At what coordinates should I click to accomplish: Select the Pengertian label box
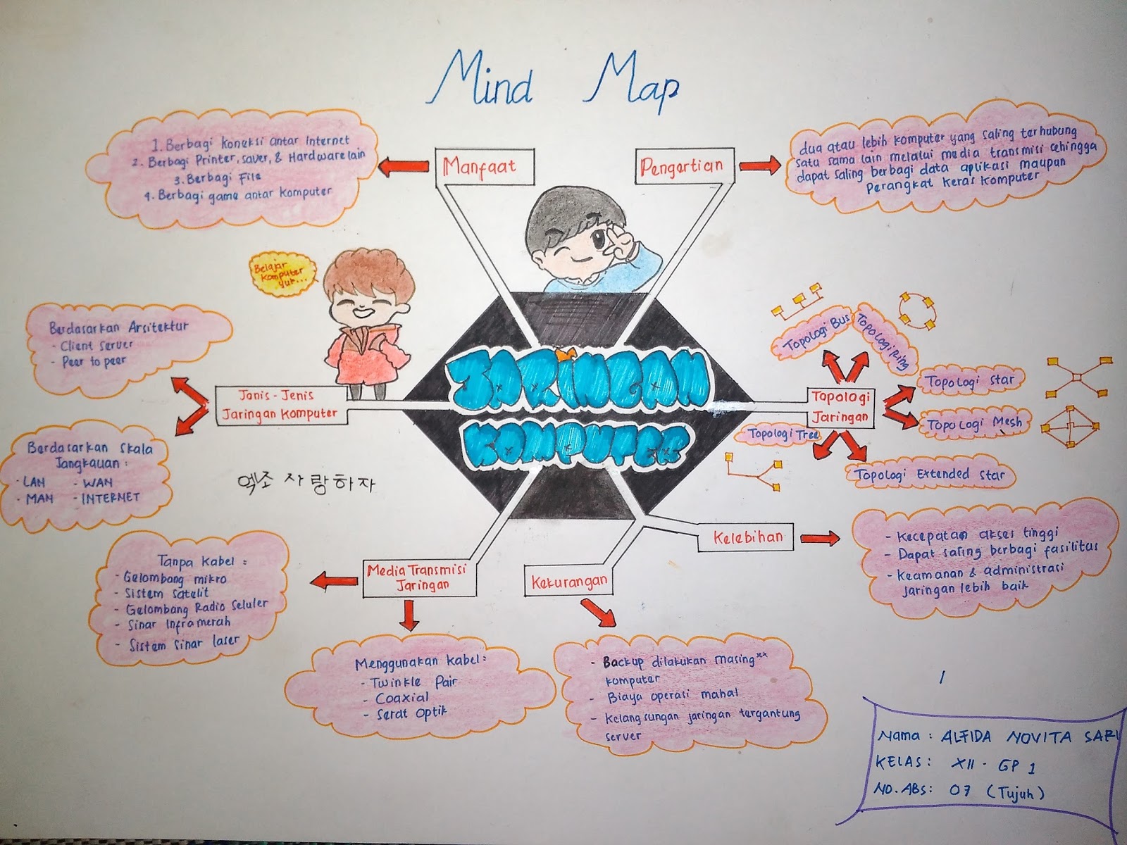[x=681, y=167]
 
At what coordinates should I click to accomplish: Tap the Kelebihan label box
[x=741, y=538]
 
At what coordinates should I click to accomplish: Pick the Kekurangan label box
[x=567, y=581]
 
